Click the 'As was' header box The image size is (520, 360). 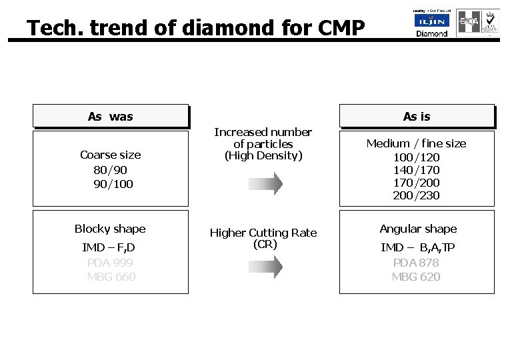coord(111,117)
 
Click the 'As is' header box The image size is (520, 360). coord(417,117)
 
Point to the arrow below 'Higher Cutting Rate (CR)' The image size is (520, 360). coord(263,267)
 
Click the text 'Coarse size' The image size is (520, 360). coord(111,155)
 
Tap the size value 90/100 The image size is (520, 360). coord(113,183)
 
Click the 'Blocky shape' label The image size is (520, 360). coord(110,229)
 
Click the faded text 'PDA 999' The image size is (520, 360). coord(111,262)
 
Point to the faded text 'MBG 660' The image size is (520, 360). coord(111,276)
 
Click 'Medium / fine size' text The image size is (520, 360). coord(417,143)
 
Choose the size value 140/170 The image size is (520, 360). coord(416,170)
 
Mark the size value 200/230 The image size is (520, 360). coord(416,196)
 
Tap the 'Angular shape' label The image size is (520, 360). coord(418,229)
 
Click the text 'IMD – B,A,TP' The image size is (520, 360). coord(417,247)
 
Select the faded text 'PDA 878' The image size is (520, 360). coord(416,262)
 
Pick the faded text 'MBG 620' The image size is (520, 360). coord(416,276)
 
